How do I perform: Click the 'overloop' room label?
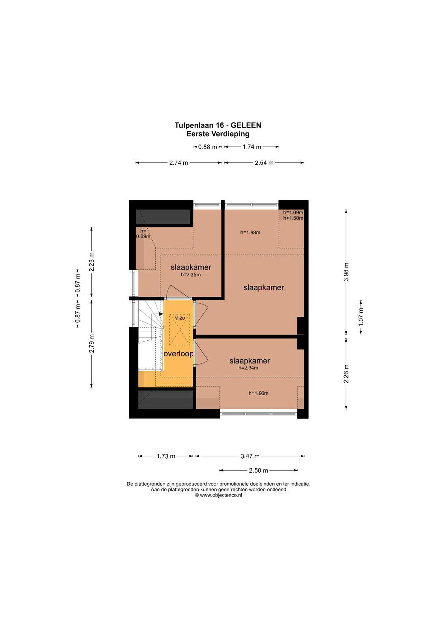179,354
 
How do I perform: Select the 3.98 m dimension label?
346,272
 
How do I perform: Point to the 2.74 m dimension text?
179,163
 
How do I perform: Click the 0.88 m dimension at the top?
208,147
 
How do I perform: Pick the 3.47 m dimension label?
250,456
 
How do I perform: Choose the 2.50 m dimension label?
259,470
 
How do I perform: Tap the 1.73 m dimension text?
166,456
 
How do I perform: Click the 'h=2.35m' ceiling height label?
191,275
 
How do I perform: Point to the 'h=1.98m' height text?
250,232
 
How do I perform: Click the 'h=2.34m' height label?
248,368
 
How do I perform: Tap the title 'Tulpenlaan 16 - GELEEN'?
218,125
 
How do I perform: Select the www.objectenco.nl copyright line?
218,495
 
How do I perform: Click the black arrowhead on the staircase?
161,314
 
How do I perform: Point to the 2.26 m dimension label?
346,374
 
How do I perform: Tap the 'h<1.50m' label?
293,218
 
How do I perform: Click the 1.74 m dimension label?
252,147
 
